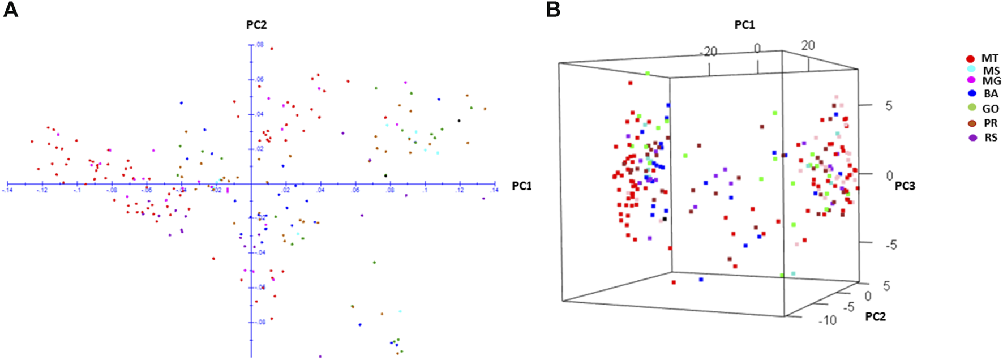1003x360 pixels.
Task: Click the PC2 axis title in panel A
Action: point(256,25)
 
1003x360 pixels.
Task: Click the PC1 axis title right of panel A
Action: point(521,186)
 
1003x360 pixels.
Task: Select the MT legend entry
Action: point(984,59)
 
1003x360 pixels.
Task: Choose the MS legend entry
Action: point(985,71)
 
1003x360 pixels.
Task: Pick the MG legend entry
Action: point(985,81)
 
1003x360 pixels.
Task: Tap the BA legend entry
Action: point(985,93)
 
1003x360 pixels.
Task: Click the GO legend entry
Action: point(985,108)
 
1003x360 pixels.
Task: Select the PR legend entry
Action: point(985,123)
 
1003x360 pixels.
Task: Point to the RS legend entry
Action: point(985,138)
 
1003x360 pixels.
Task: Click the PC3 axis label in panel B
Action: point(905,186)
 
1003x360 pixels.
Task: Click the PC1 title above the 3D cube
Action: point(744,25)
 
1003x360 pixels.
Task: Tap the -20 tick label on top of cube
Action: point(708,52)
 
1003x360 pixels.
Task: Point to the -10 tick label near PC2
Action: point(826,320)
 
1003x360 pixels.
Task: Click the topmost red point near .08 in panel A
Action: point(272,49)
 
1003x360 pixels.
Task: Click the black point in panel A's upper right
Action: point(459,121)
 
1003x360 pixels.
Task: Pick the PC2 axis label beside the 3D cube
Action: point(875,317)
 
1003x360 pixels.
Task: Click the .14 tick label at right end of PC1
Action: point(494,190)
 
